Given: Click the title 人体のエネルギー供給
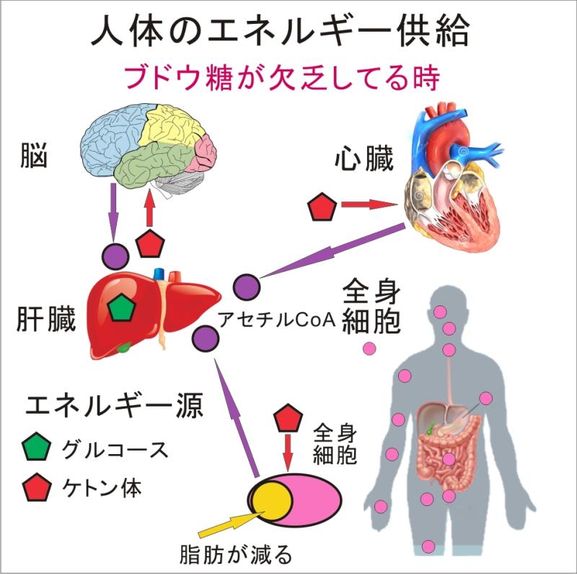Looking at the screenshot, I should [288, 32].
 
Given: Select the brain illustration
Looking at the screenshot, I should [148, 148].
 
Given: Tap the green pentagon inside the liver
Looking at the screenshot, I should [121, 307].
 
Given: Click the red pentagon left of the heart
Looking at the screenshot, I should [322, 206].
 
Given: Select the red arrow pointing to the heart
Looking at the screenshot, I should [369, 206].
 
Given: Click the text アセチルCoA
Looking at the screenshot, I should [278, 321].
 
